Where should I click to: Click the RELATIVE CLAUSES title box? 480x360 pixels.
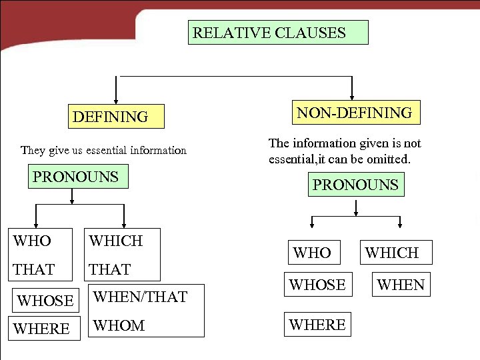[278, 32]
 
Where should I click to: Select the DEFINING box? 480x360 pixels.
[116, 117]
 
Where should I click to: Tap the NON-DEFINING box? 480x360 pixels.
[354, 113]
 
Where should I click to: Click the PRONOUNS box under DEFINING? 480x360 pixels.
[77, 177]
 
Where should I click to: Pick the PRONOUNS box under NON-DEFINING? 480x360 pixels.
[355, 185]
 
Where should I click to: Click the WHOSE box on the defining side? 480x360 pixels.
[45, 301]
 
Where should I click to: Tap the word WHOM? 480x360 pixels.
[119, 325]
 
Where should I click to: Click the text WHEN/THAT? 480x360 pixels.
[141, 297]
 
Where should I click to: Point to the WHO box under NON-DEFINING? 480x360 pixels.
[312, 253]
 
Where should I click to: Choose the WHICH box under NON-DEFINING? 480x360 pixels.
[392, 253]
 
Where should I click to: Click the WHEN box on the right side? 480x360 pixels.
[401, 285]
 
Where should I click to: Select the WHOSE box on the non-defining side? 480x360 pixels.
[317, 285]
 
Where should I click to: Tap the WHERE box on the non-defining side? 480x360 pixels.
[317, 325]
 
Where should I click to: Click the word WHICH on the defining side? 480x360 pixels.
[116, 241]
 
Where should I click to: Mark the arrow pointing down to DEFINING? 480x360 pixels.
[117, 91]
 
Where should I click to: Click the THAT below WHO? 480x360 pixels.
[34, 269]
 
